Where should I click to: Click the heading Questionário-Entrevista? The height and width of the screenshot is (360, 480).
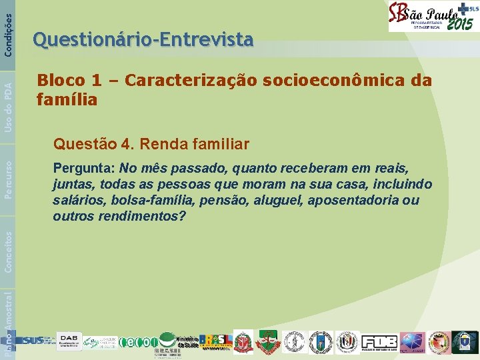click(x=143, y=41)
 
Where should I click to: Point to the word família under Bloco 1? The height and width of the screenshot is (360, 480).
click(x=67, y=101)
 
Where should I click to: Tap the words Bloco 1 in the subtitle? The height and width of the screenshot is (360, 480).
click(x=62, y=81)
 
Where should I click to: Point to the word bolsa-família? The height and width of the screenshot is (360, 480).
click(x=141, y=200)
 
